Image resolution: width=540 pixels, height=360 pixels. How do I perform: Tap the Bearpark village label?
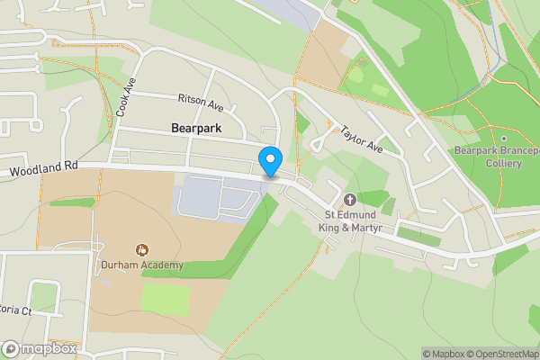click(195, 129)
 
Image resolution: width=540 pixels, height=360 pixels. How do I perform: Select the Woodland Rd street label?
click(45, 168)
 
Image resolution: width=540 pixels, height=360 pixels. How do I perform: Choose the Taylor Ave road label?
click(362, 138)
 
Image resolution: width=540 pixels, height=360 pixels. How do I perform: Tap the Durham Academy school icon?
click(141, 249)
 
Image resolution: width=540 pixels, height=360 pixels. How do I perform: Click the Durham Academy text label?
click(141, 265)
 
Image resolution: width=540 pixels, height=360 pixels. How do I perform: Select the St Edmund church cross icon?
click(349, 200)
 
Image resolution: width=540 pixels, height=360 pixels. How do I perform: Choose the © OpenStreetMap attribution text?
click(502, 354)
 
